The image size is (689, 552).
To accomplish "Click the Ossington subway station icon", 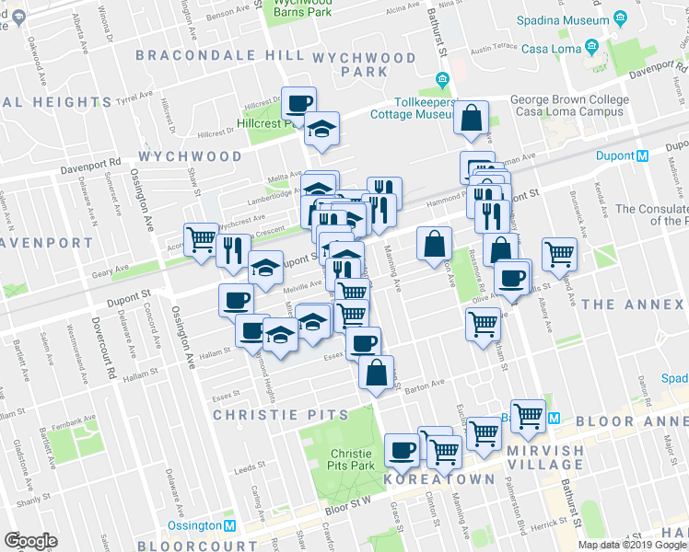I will point(233,525).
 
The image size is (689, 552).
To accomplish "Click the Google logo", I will point(30,541).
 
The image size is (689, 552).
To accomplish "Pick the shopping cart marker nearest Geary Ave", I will point(201,241).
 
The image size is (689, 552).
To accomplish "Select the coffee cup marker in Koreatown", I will point(402,450).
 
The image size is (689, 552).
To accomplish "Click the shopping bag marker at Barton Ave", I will point(376,374).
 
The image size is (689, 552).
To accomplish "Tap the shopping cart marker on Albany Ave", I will point(559,254).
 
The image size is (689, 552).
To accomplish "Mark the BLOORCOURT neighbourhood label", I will point(197,545).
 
